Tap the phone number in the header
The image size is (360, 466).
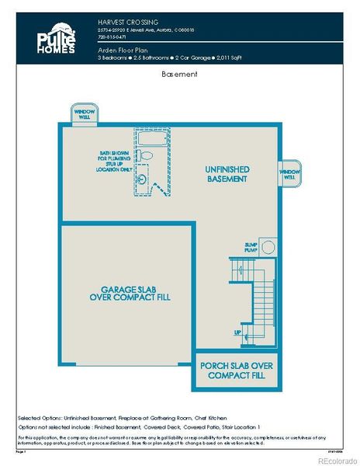[x=112, y=37]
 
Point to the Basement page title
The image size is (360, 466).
[x=179, y=75]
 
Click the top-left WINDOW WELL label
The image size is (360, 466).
[x=84, y=113]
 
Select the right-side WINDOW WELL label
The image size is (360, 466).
[x=289, y=173]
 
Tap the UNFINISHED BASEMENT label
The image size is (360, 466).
[x=226, y=173]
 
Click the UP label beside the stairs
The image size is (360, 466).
[x=237, y=332]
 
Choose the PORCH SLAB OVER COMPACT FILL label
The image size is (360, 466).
[x=237, y=370]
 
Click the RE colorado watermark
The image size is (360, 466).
[x=334, y=458]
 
